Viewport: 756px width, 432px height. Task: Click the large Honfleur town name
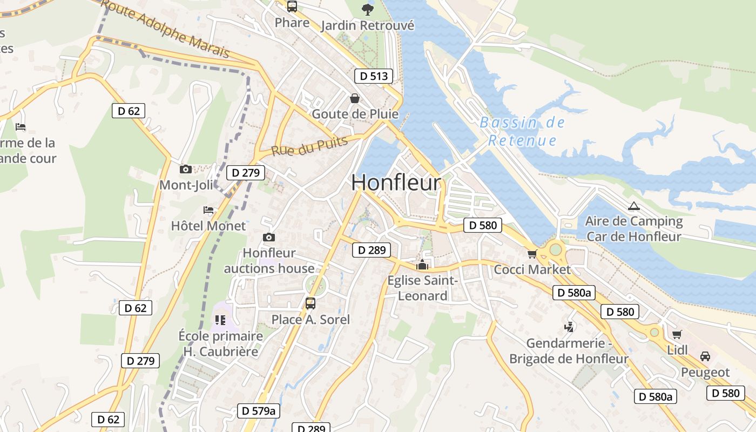pyautogui.click(x=396, y=183)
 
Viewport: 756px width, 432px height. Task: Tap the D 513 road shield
pyautogui.click(x=373, y=76)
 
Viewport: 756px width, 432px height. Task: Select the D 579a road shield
pyautogui.click(x=259, y=411)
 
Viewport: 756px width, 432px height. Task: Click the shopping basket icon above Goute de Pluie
pyautogui.click(x=355, y=98)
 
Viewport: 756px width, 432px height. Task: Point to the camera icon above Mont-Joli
pyautogui.click(x=185, y=169)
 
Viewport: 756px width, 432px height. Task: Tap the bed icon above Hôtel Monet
pyautogui.click(x=208, y=210)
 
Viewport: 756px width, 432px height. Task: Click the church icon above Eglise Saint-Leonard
pyautogui.click(x=422, y=265)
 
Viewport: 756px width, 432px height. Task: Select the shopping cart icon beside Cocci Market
pyautogui.click(x=532, y=254)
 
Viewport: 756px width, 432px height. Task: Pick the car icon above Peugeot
pyautogui.click(x=705, y=356)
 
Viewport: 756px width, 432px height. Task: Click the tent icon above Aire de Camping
pyautogui.click(x=633, y=206)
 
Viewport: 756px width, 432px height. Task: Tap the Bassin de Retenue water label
pyautogui.click(x=522, y=131)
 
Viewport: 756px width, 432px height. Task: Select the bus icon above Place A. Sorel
pyautogui.click(x=310, y=303)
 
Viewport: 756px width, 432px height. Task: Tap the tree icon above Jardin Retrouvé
pyautogui.click(x=367, y=9)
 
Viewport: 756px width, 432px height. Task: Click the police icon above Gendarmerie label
pyautogui.click(x=569, y=327)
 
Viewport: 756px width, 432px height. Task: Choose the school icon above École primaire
pyautogui.click(x=220, y=320)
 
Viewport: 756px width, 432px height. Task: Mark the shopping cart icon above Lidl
pyautogui.click(x=677, y=334)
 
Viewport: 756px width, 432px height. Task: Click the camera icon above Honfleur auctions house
pyautogui.click(x=268, y=237)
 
